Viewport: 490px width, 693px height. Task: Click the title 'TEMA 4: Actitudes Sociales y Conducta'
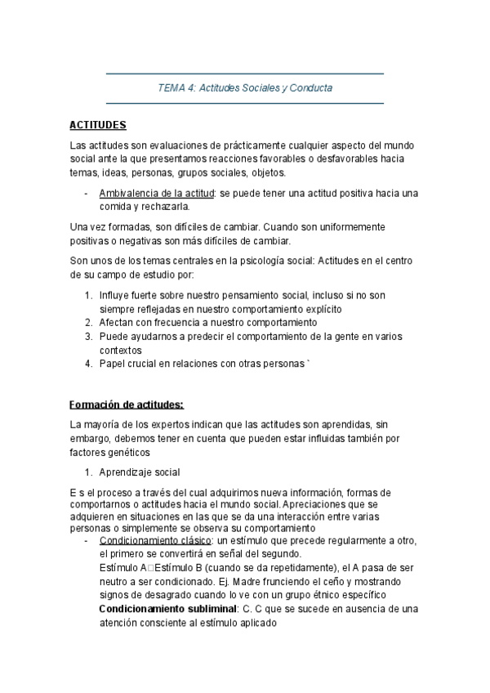tap(245, 88)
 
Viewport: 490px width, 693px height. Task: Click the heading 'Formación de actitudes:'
tap(127, 405)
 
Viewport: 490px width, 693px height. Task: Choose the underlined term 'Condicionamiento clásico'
tap(154, 541)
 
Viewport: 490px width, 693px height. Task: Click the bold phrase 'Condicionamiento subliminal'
tap(166, 609)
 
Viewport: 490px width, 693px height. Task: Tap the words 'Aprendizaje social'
tap(139, 472)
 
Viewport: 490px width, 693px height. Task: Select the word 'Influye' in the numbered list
tap(114, 296)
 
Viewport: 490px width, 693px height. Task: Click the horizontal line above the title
tap(245, 74)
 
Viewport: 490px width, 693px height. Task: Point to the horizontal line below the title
tap(245, 104)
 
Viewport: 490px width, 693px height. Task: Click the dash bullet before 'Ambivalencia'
tap(87, 193)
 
